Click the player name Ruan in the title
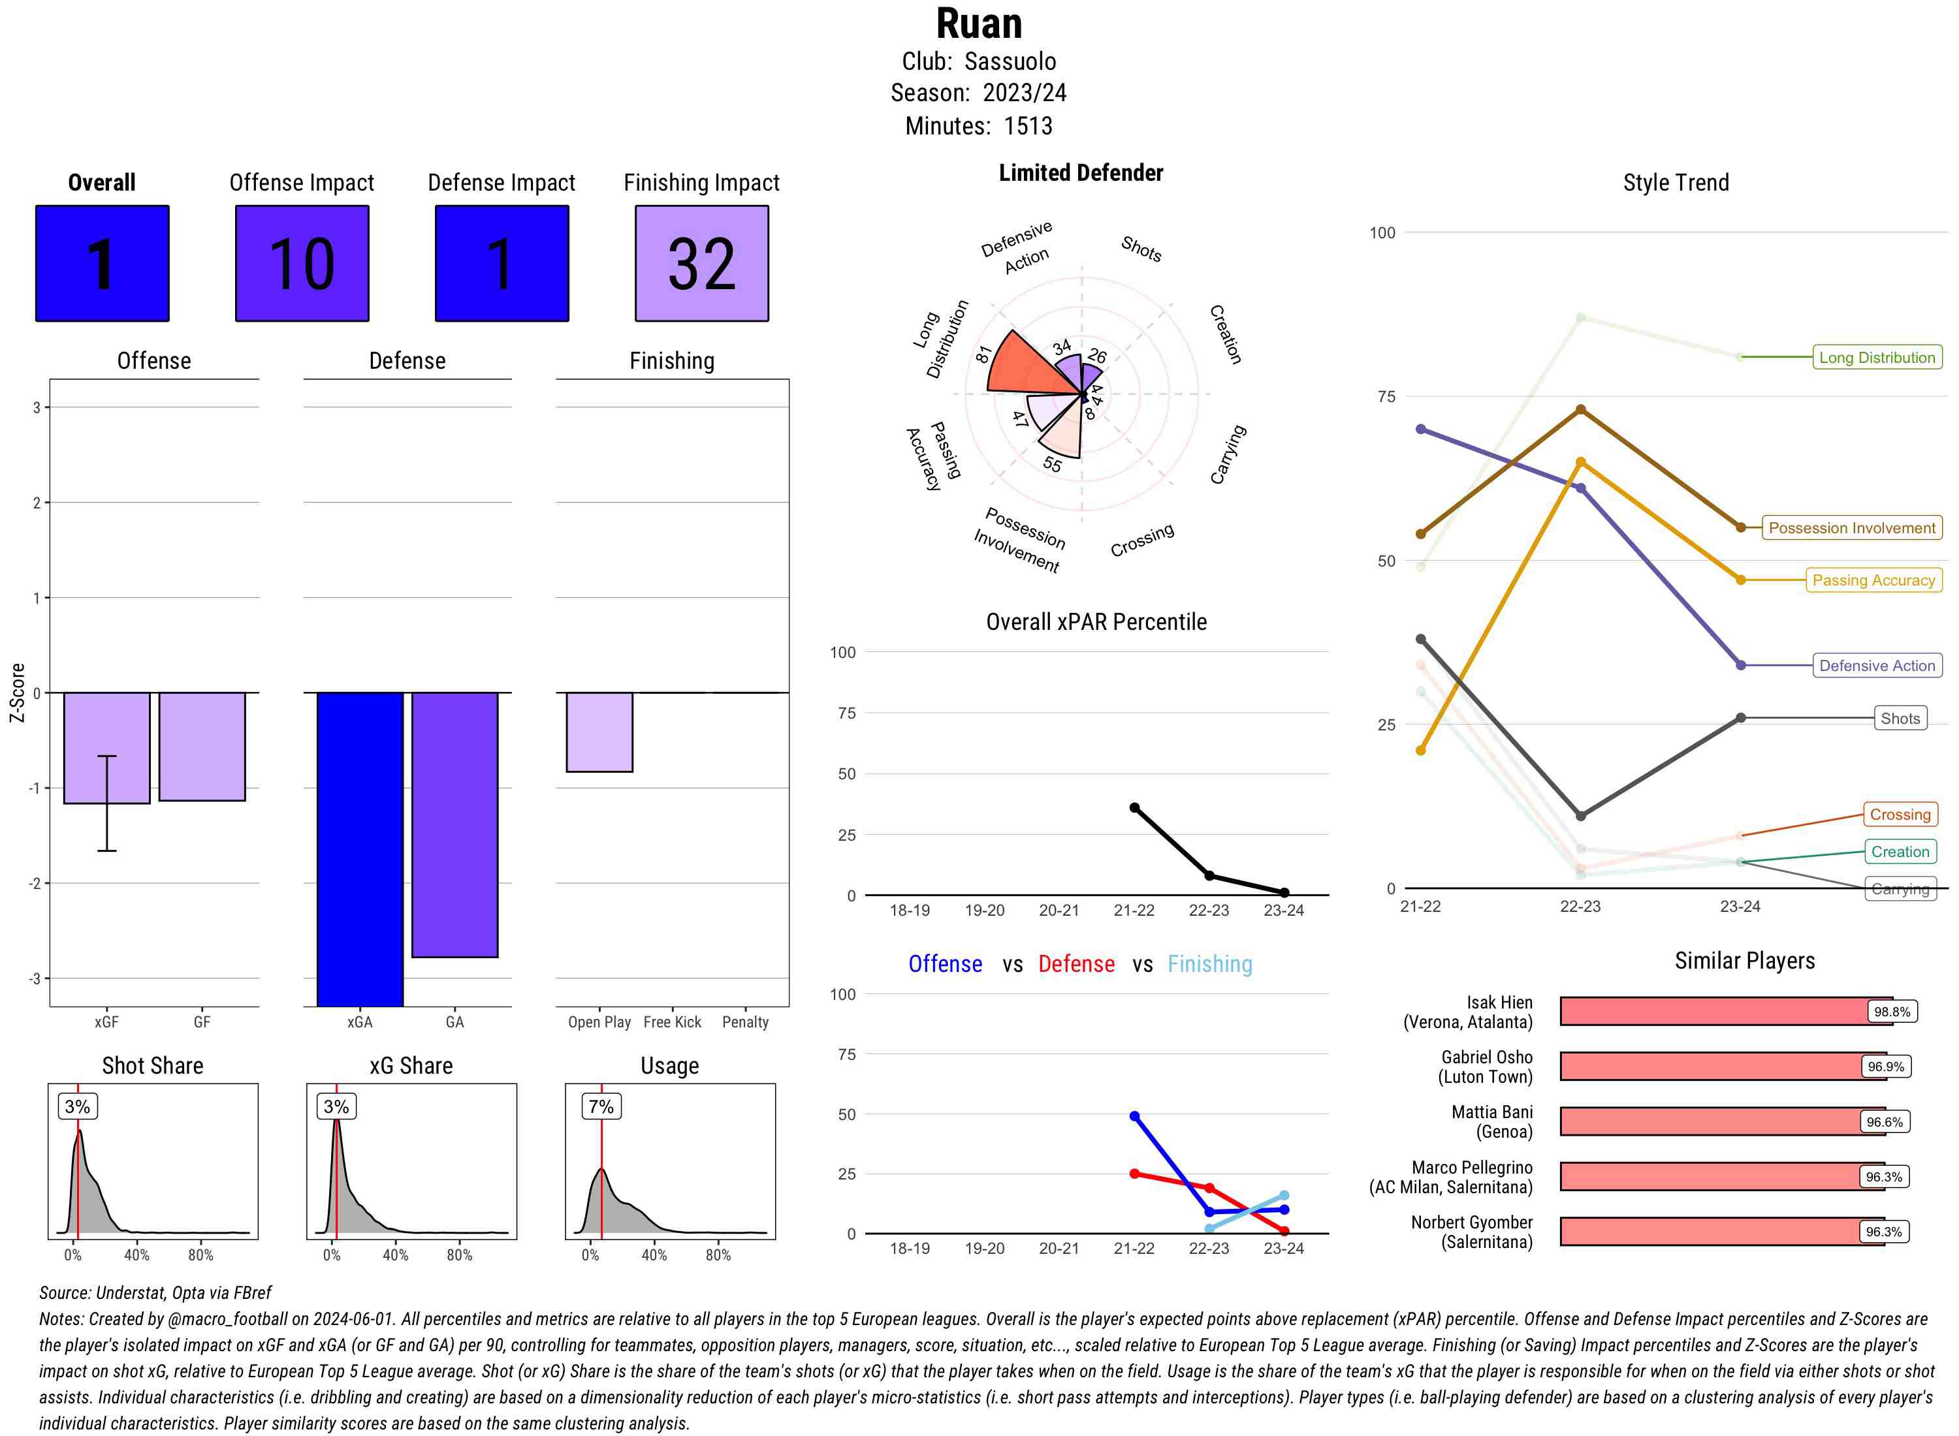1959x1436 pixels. [978, 23]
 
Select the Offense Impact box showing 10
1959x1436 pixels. [302, 264]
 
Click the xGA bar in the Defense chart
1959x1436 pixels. [360, 849]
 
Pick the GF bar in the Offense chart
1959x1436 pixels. [202, 746]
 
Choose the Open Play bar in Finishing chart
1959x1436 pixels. [599, 732]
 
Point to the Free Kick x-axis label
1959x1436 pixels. [672, 1022]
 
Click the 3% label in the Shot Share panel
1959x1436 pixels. [78, 1106]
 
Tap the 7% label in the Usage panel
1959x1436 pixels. [601, 1106]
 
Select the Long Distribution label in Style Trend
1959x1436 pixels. [1877, 357]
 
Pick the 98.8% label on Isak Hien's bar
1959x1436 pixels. [1891, 1012]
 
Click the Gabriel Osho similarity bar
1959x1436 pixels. [1721, 1067]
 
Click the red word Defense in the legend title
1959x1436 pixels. [1075, 964]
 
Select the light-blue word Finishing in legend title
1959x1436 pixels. [1209, 964]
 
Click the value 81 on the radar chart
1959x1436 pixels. [983, 354]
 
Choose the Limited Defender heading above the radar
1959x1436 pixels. [1080, 173]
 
